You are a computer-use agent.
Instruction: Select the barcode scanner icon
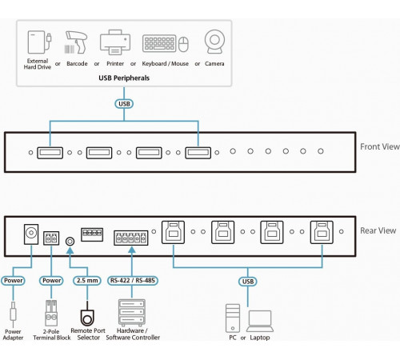(x=76, y=42)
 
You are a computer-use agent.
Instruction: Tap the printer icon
(x=115, y=42)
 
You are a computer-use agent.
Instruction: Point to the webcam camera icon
(x=214, y=42)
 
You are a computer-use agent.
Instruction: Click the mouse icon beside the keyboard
(x=183, y=44)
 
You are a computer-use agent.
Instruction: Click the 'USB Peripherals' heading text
(x=124, y=78)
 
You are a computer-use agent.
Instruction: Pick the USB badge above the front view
(x=124, y=104)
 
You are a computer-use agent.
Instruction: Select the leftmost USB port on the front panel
(x=50, y=153)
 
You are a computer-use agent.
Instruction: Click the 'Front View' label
(x=380, y=146)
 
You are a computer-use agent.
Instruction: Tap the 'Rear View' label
(x=378, y=230)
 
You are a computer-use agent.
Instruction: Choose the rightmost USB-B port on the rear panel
(x=322, y=232)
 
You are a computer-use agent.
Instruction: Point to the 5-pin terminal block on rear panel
(x=131, y=238)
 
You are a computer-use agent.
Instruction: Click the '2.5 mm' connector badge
(x=87, y=281)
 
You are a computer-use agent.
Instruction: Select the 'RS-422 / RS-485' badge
(x=133, y=281)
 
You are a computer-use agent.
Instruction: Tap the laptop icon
(x=260, y=321)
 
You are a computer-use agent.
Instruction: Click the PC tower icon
(x=233, y=318)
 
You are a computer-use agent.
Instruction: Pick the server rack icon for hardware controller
(x=132, y=313)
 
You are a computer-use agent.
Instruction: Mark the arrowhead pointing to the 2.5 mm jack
(x=70, y=250)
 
